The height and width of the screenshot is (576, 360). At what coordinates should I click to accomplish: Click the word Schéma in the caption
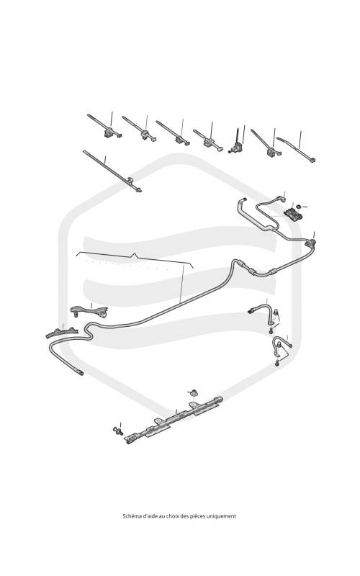[x=131, y=516]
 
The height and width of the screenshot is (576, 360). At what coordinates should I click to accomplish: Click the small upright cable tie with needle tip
[x=235, y=141]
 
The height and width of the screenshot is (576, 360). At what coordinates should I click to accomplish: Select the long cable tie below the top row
[x=112, y=171]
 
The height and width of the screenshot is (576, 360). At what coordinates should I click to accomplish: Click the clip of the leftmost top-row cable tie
[x=110, y=132]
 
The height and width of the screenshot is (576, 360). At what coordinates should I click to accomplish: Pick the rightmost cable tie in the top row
[x=296, y=149]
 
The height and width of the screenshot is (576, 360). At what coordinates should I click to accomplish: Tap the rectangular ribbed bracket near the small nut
[x=293, y=215]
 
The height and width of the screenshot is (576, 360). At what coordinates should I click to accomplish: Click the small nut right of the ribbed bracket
[x=299, y=207]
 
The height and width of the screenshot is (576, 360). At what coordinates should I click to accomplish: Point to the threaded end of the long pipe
[x=79, y=372]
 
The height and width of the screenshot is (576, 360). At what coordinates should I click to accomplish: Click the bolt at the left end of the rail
[x=118, y=431]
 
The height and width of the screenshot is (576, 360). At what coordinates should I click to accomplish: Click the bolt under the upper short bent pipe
[x=271, y=330]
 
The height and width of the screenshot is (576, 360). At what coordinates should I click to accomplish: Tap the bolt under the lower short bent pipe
[x=276, y=363]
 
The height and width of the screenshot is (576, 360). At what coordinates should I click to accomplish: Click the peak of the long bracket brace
[x=135, y=254]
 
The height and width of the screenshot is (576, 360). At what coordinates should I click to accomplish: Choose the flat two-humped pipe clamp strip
[x=62, y=332]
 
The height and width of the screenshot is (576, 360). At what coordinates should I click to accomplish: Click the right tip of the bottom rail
[x=220, y=398]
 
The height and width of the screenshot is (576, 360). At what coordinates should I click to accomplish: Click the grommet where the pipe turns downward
[x=312, y=243]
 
